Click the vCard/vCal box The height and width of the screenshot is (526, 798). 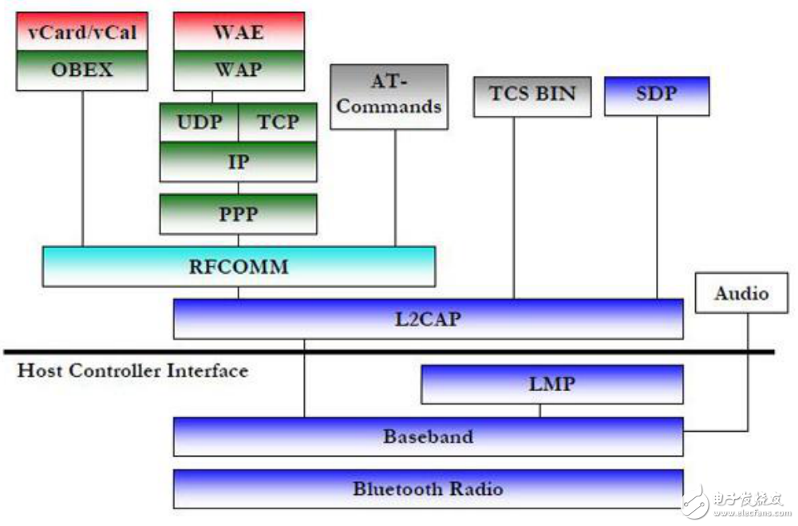pos(82,32)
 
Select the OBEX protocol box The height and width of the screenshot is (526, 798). pos(82,71)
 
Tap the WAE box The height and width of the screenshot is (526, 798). pos(239,32)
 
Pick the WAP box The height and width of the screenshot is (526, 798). pos(239,71)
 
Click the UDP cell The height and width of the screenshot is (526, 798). pos(199,122)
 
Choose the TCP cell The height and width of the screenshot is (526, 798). pos(278,122)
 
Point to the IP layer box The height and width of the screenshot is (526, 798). pos(238,161)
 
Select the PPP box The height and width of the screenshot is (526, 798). pos(238,214)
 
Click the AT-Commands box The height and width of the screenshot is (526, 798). pos(389,97)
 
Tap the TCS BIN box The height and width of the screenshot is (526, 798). pos(532,97)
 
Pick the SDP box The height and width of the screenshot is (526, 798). pos(657,97)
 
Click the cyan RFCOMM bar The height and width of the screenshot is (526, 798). pos(239,267)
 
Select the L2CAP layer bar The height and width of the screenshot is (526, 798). pos(428,318)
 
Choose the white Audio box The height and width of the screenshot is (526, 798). pos(741,293)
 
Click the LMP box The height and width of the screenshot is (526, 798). pos(552,385)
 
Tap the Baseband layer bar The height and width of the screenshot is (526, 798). pos(428,437)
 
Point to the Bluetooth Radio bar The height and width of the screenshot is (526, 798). pos(428,488)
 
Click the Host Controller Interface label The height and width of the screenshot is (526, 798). pos(132,370)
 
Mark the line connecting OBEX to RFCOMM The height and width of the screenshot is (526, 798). pos(82,169)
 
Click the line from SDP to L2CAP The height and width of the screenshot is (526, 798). pos(657,208)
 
